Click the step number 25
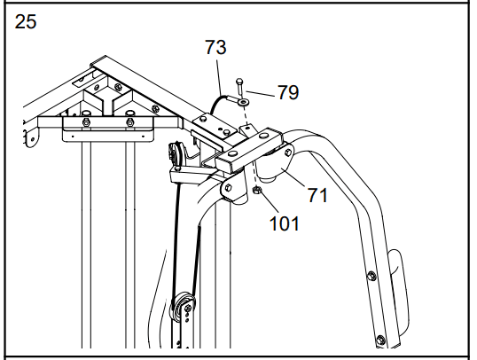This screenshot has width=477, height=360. click(26, 21)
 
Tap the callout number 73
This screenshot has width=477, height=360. click(215, 47)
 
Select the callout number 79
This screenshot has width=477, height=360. click(288, 92)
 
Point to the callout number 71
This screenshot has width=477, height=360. click(317, 195)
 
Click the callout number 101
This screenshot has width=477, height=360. click(285, 223)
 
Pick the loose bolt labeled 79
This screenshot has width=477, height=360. click(239, 87)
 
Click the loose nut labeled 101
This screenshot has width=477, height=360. click(257, 190)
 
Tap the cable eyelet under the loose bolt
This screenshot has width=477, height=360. click(243, 102)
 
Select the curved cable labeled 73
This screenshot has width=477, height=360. click(217, 103)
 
